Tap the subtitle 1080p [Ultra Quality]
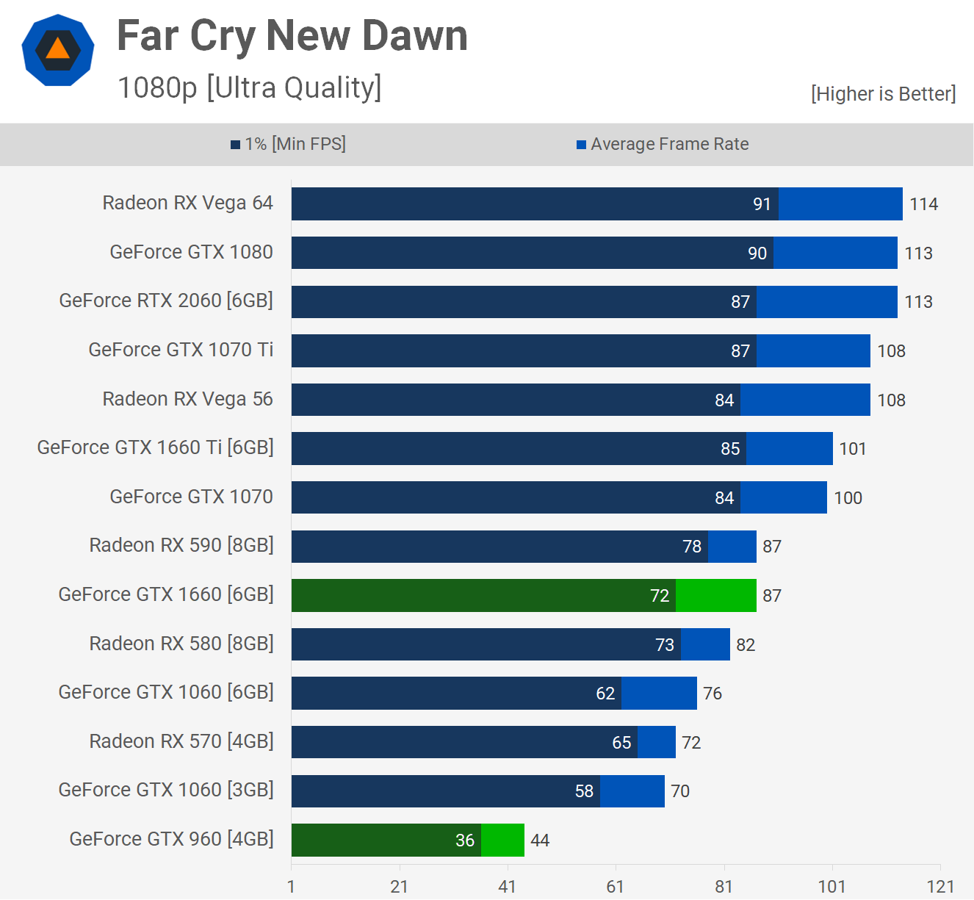pyautogui.click(x=249, y=87)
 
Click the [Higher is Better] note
pyautogui.click(x=883, y=94)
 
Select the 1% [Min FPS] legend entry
pyautogui.click(x=288, y=144)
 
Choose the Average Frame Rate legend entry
pyautogui.click(x=663, y=144)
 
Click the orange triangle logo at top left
pyautogui.click(x=57, y=50)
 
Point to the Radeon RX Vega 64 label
pyautogui.click(x=187, y=203)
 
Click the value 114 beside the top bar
pyautogui.click(x=923, y=204)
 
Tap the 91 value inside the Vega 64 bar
pyautogui.click(x=762, y=204)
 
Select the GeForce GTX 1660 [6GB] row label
pyautogui.click(x=166, y=594)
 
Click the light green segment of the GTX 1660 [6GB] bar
pyautogui.click(x=715, y=595)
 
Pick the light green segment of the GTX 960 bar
pyautogui.click(x=502, y=840)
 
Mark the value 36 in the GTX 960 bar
pyautogui.click(x=465, y=840)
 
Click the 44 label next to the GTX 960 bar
pyautogui.click(x=540, y=840)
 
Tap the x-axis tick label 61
pyautogui.click(x=616, y=887)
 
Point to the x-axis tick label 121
pyautogui.click(x=940, y=887)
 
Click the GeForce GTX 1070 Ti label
pyautogui.click(x=181, y=350)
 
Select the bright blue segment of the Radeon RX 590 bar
pyautogui.click(x=732, y=547)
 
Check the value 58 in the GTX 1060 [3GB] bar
pyautogui.click(x=584, y=791)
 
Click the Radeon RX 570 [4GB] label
pyautogui.click(x=181, y=741)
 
